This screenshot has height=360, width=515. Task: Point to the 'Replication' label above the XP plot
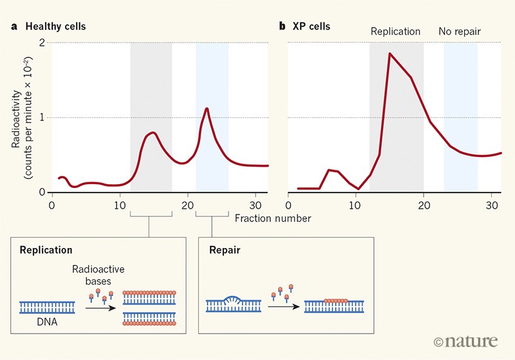395,31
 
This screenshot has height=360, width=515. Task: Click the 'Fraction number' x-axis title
273,218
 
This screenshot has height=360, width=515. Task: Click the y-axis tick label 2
41,43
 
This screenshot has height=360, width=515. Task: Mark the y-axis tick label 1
41,118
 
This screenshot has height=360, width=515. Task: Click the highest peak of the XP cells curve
390,53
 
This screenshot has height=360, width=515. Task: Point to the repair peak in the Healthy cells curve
207,108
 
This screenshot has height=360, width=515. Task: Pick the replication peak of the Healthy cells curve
153,133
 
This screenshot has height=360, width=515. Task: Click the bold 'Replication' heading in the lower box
46,249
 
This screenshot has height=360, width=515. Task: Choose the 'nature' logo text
465,339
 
